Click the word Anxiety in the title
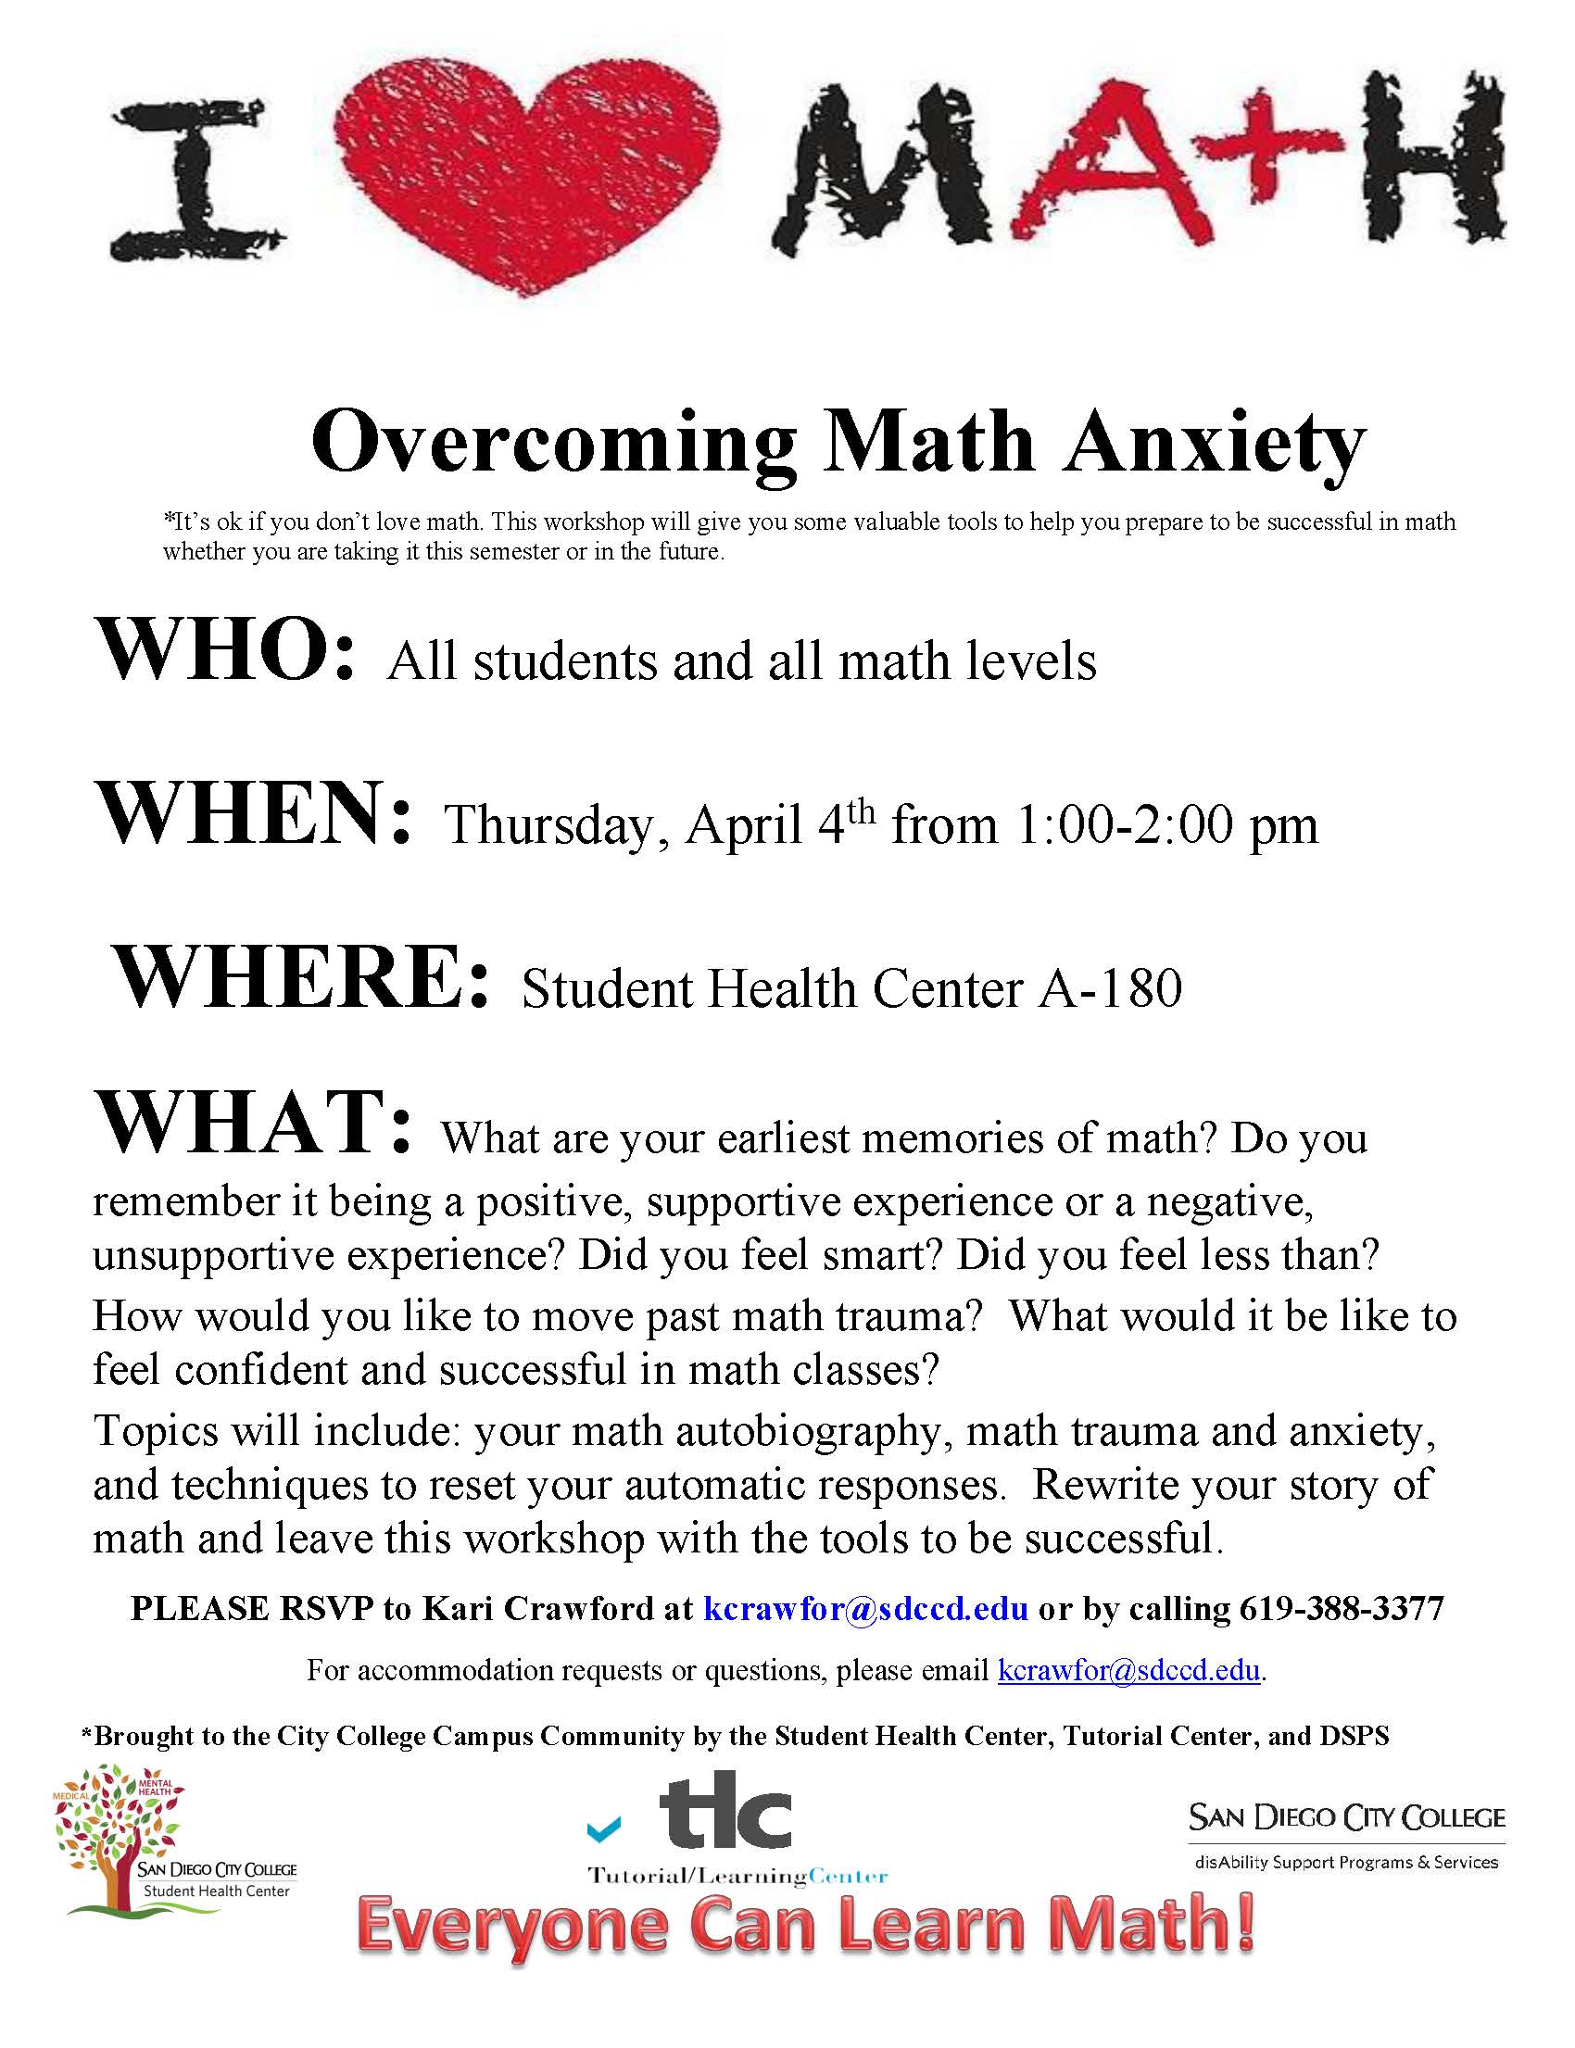[x=1215, y=444]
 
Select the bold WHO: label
[x=225, y=652]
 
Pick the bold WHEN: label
[x=253, y=815]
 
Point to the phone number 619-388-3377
[x=1342, y=1609]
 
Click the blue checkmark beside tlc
[x=603, y=1828]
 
